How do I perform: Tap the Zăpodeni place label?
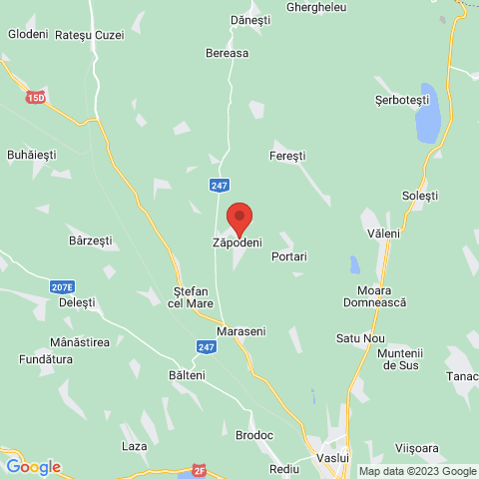tap(238, 242)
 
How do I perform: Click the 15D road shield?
tap(37, 98)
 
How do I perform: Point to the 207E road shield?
tap(62, 286)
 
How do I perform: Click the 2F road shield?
tap(200, 469)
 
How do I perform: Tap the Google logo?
tap(33, 467)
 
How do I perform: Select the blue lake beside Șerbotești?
tap(427, 114)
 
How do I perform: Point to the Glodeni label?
tap(28, 34)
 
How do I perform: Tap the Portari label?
tap(288, 256)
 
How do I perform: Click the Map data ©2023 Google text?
tap(417, 471)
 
